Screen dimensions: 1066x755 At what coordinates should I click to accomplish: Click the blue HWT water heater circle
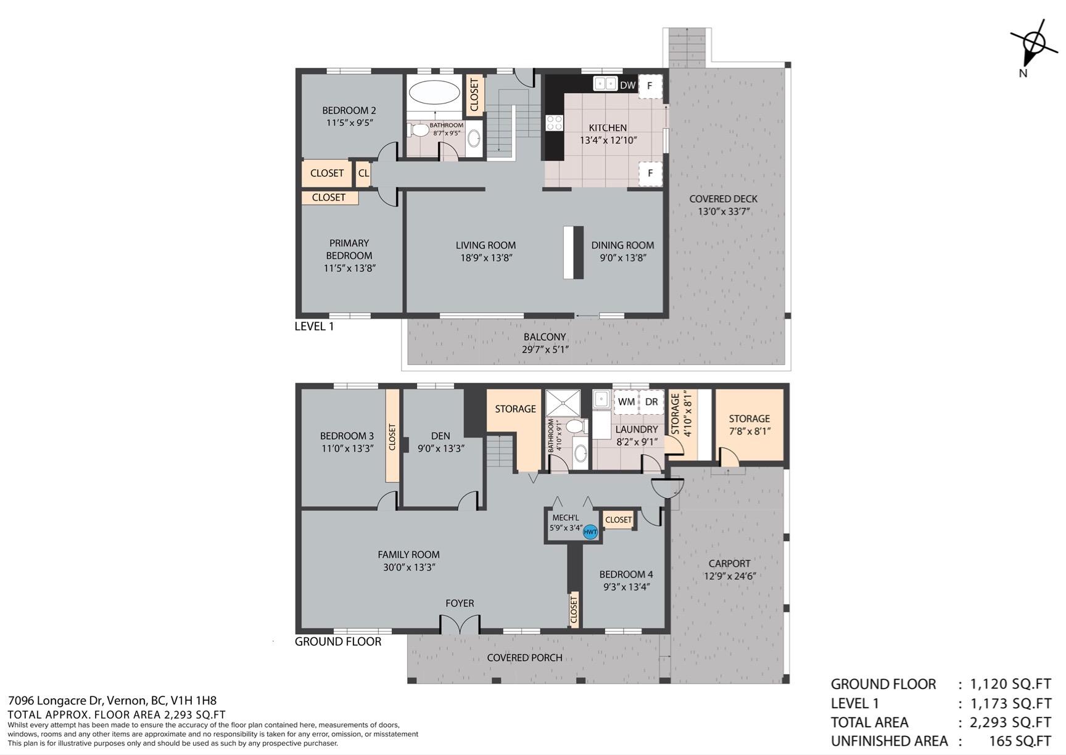[590, 531]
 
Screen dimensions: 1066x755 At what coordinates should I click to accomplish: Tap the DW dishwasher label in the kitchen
[627, 85]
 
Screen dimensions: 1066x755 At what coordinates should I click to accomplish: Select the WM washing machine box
[626, 402]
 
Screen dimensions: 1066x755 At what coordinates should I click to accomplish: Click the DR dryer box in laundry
[651, 402]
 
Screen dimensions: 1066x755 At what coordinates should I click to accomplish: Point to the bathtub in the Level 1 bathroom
[434, 93]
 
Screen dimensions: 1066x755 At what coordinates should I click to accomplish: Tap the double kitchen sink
[605, 83]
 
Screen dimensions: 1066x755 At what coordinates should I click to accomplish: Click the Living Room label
[485, 245]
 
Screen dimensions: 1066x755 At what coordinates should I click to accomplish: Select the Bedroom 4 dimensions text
[626, 587]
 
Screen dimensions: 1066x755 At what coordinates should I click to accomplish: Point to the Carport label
[729, 563]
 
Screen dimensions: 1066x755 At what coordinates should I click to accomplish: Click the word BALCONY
[545, 337]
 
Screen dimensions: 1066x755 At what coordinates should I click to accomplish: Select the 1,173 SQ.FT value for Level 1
[1010, 703]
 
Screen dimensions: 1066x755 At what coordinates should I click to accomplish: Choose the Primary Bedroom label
[349, 249]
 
